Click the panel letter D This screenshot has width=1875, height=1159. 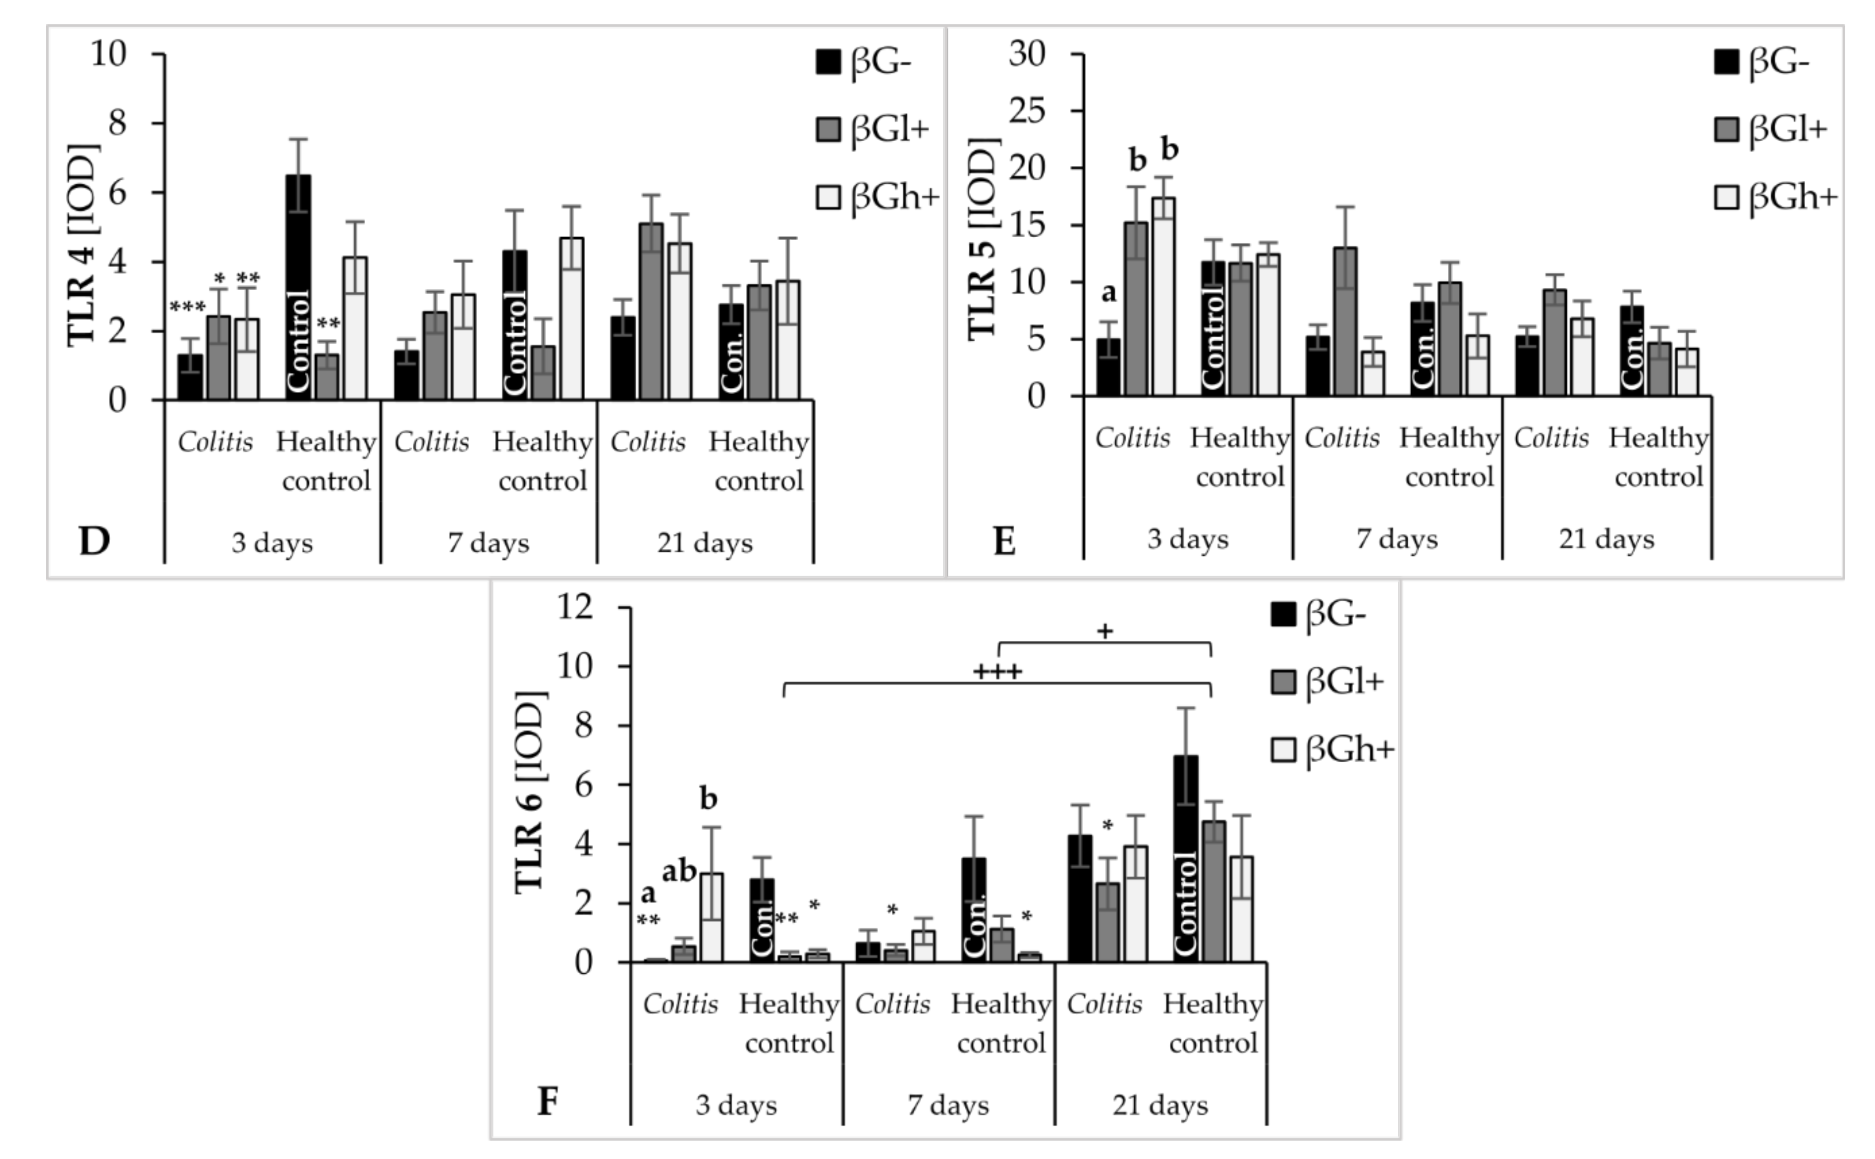(94, 541)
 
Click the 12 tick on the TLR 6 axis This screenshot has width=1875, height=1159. (577, 607)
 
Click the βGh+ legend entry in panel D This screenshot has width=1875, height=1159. (878, 198)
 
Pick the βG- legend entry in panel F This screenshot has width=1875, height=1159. (1319, 614)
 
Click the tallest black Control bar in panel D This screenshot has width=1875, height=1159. (298, 287)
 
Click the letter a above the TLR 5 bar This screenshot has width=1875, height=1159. (1108, 293)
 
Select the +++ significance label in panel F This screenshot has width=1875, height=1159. (997, 672)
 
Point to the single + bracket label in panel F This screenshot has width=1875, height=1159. (1104, 632)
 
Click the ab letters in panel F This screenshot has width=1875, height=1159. (679, 872)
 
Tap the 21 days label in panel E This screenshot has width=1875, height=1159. (1606, 539)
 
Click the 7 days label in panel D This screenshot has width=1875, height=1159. (489, 543)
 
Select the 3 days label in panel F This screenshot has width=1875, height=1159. (736, 1106)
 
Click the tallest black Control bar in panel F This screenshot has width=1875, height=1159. (1186, 858)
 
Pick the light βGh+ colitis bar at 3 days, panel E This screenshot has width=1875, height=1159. (1163, 297)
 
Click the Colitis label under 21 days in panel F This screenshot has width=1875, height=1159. (1104, 1003)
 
